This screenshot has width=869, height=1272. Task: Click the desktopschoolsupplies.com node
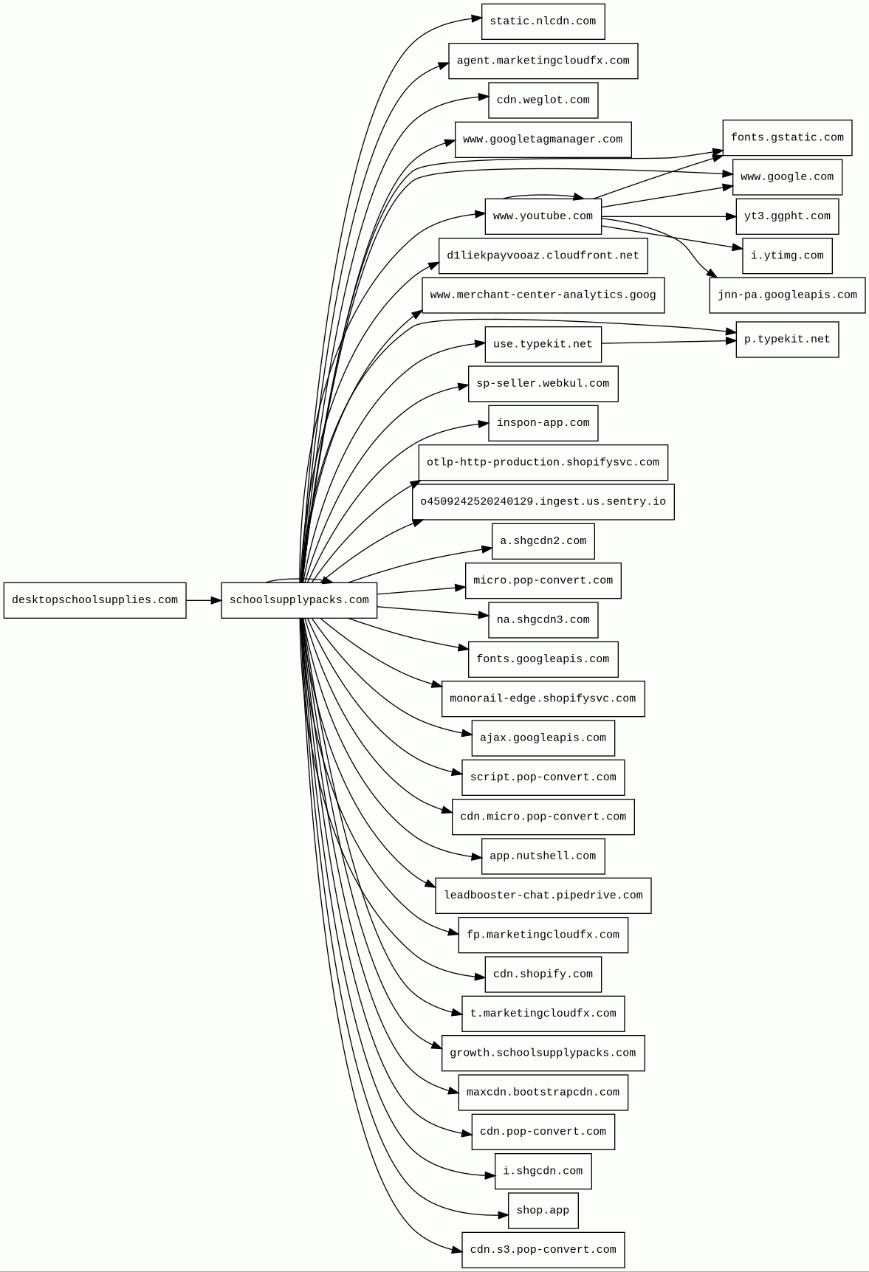[95, 600]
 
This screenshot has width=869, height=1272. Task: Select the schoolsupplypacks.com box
[299, 600]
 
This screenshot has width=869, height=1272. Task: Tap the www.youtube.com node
[543, 216]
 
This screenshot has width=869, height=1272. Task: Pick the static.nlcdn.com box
[543, 21]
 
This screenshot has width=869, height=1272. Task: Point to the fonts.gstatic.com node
[787, 138]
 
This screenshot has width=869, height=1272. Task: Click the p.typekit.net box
[787, 340]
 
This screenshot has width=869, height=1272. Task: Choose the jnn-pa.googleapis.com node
[787, 295]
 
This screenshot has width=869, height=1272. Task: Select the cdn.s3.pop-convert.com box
[543, 1250]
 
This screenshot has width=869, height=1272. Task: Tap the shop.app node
[543, 1211]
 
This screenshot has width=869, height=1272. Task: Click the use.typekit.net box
[543, 345]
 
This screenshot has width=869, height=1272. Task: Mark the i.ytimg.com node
[787, 256]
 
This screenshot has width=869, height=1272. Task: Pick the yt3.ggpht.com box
[787, 216]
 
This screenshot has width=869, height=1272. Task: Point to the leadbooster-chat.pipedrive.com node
[543, 895]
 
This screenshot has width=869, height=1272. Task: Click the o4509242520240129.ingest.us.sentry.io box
[543, 502]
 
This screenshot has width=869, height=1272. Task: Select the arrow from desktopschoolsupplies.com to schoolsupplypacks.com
[203, 600]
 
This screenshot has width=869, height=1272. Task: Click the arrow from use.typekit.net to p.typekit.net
[668, 342]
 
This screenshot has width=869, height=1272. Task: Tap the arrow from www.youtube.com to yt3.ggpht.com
[668, 217]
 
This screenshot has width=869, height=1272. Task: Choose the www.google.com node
[787, 177]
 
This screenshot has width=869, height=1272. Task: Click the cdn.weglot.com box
[543, 100]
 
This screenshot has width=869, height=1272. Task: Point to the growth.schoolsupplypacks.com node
[543, 1053]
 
